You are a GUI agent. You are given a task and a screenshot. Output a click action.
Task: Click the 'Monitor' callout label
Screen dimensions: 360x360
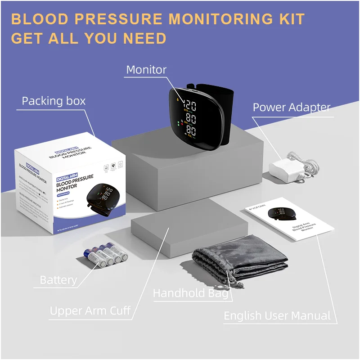[146, 70]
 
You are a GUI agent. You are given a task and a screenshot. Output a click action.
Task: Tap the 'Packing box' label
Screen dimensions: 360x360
[54, 101]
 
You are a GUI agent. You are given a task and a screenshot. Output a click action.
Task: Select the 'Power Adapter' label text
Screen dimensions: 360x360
[291, 108]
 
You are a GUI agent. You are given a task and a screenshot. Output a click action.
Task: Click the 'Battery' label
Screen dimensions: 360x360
[58, 280]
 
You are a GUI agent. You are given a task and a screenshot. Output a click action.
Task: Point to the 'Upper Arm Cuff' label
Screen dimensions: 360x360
[90, 310]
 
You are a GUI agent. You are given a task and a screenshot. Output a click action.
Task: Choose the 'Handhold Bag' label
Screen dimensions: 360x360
[191, 293]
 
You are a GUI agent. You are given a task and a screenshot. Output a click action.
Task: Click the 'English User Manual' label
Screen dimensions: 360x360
[277, 316]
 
